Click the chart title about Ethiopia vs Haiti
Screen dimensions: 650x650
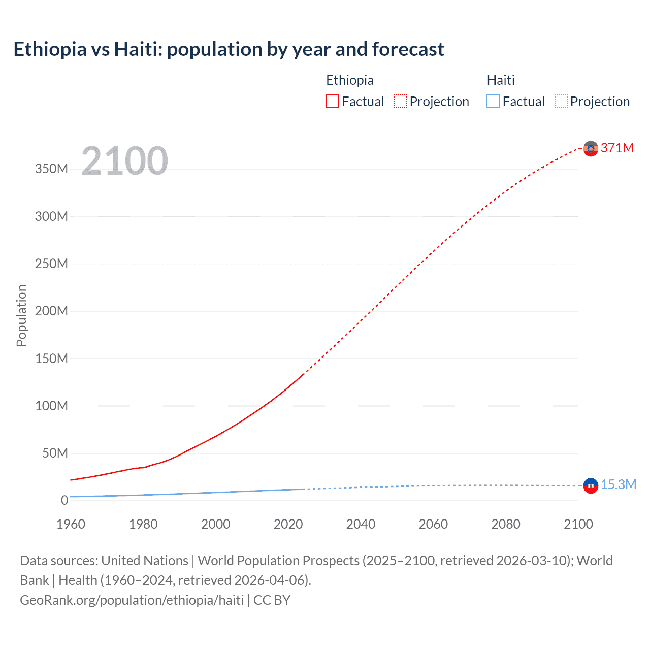(x=229, y=49)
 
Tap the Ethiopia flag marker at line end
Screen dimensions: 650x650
(x=590, y=148)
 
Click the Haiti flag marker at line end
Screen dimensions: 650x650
(x=590, y=485)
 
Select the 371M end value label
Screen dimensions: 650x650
(x=617, y=148)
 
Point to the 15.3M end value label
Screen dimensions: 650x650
(x=619, y=484)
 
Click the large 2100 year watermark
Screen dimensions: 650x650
(x=124, y=161)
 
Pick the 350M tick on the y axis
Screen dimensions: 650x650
(x=51, y=169)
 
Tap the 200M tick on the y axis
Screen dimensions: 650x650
(x=51, y=311)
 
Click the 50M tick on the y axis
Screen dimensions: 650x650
(x=55, y=453)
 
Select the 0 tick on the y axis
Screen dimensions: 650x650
(x=64, y=500)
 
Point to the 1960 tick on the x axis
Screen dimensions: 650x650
(x=71, y=524)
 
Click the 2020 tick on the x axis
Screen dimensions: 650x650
(x=288, y=524)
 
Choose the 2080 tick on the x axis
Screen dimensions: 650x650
(x=505, y=524)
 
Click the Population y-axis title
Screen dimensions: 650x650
(x=21, y=315)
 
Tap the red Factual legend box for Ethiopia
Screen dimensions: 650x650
(x=333, y=102)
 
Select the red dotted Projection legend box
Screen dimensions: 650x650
(x=400, y=102)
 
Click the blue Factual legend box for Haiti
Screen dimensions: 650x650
(x=493, y=102)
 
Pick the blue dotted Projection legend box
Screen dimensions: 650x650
(x=561, y=102)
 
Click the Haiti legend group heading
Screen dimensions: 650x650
(x=501, y=80)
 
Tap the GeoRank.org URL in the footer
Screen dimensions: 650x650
(x=132, y=600)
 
